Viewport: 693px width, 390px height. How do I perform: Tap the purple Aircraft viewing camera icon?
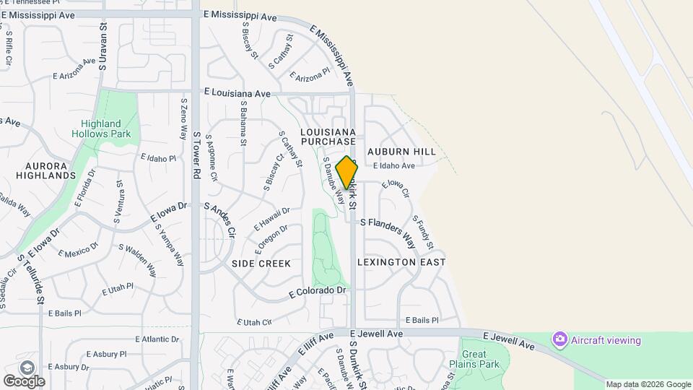click(559, 339)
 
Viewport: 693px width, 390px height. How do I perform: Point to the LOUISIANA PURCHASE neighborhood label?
click(328, 137)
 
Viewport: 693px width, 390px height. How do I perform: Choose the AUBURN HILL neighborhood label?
click(401, 152)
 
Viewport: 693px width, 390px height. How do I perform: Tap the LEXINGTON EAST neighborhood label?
click(401, 262)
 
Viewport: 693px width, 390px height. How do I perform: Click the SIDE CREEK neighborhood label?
click(261, 264)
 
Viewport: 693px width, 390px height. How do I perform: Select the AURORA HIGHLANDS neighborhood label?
click(40, 170)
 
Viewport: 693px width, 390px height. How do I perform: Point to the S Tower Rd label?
click(196, 155)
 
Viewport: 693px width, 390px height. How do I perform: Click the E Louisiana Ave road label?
click(237, 93)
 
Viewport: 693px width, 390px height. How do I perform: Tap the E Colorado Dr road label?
click(318, 291)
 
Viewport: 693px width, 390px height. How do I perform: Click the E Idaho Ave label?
click(394, 165)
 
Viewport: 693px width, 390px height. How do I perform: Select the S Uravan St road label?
click(103, 46)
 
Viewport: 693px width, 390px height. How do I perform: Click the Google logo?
click(24, 381)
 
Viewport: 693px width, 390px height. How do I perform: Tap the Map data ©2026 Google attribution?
click(648, 384)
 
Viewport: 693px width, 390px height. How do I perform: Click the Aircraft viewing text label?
click(606, 340)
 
